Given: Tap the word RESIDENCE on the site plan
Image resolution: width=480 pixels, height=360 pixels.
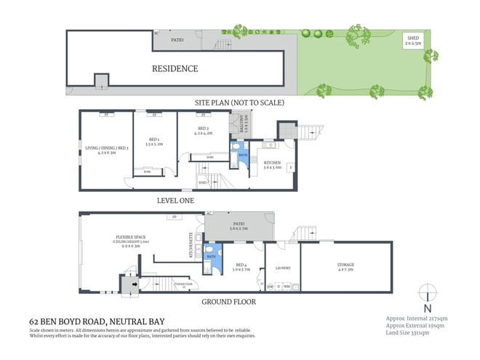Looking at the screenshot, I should (x=175, y=69).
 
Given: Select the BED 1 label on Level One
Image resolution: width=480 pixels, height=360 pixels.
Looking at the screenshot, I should (x=152, y=143).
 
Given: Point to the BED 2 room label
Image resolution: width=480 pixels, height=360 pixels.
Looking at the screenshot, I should (x=203, y=132).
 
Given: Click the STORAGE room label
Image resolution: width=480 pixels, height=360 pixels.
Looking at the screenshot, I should (x=345, y=267).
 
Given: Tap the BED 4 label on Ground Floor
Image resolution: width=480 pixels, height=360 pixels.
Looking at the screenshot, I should (x=241, y=266).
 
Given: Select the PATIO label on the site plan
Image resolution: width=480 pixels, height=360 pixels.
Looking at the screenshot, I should (x=177, y=41).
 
